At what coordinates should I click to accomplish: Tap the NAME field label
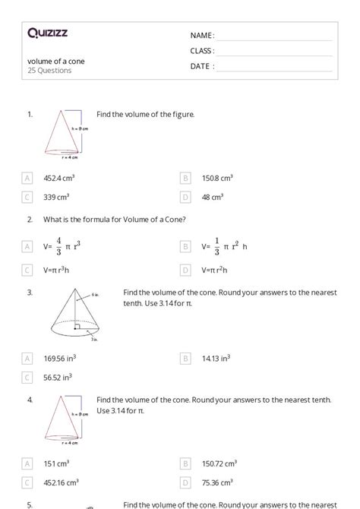[202, 36]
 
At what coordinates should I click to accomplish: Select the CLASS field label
[202, 51]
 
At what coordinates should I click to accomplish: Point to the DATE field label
[202, 66]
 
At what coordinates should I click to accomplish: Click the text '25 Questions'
[49, 71]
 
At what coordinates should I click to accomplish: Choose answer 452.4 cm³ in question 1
[58, 178]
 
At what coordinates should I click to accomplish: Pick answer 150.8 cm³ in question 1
[217, 178]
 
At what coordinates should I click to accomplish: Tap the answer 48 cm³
[212, 197]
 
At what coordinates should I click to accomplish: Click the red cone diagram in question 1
[64, 134]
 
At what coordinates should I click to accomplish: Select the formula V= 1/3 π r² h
[225, 246]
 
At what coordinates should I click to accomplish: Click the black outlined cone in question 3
[78, 316]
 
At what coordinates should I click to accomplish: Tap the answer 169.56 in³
[58, 358]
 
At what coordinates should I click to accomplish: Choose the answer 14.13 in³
[216, 358]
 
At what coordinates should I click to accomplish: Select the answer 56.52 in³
[58, 377]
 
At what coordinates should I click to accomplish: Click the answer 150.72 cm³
[219, 463]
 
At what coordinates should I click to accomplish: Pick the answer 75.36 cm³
[218, 482]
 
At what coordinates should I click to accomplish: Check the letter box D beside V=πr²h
[185, 270]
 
